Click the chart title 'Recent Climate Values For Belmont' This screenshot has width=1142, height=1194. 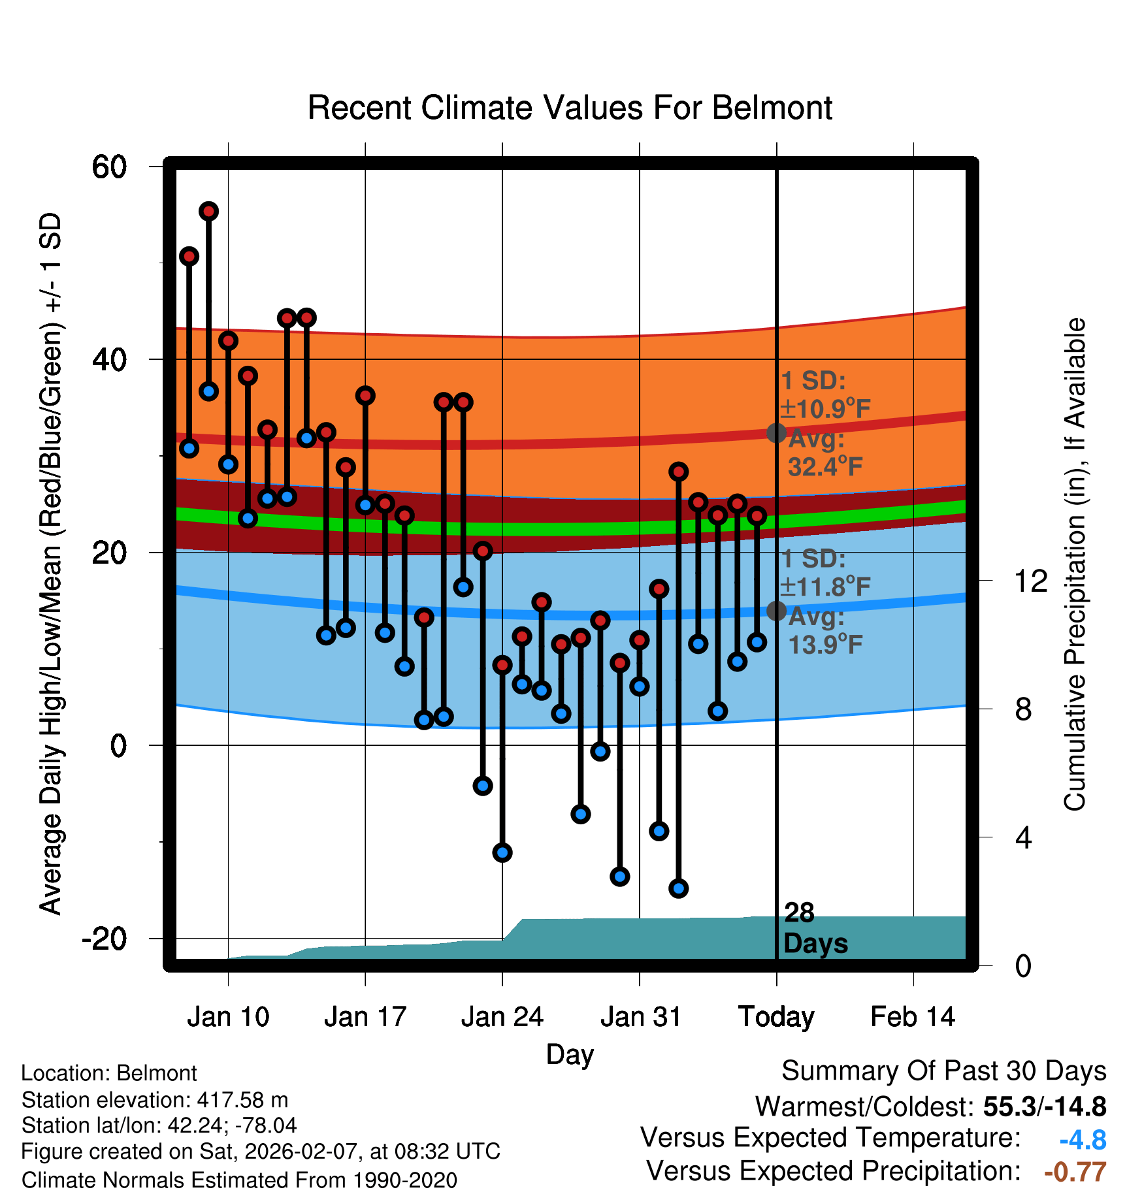coord(570,108)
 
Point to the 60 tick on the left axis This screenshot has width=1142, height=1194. coord(109,167)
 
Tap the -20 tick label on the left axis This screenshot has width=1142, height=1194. coord(105,939)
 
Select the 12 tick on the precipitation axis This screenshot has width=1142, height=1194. coord(1031,581)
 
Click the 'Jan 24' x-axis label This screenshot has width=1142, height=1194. coord(502,1017)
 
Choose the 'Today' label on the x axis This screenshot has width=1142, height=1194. coord(776,1017)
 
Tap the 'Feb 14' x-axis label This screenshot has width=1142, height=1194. coord(913,1017)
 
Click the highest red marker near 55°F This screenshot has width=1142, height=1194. coord(208,211)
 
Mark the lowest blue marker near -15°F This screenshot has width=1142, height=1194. coord(678,888)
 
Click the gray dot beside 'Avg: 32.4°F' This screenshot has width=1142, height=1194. coord(776,432)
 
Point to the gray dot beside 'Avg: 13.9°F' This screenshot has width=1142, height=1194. coord(776,611)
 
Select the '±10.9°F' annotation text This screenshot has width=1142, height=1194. coord(825,410)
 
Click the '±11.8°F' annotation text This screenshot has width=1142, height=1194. coord(825,587)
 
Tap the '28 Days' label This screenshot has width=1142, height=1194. coord(815,928)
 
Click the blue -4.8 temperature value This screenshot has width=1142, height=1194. coord(1083,1140)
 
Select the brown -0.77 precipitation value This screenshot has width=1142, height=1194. coord(1075,1172)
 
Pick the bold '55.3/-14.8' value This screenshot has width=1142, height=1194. coord(1044,1106)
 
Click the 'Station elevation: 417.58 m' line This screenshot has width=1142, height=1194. coord(155,1100)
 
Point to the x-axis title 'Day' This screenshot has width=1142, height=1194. coord(570,1054)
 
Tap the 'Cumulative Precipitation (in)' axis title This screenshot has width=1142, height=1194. coord(1074,564)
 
